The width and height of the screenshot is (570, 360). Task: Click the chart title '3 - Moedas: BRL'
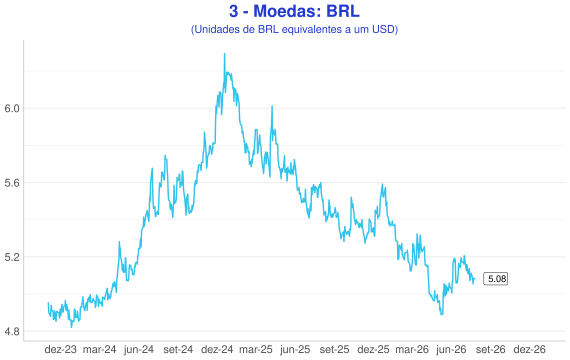click(294, 11)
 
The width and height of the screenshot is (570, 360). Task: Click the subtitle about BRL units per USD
click(294, 29)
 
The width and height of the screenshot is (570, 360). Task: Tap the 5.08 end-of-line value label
click(495, 279)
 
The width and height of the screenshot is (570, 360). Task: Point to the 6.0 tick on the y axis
click(12, 108)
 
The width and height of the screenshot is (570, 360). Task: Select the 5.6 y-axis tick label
click(12, 183)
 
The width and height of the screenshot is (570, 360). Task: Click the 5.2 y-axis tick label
click(12, 257)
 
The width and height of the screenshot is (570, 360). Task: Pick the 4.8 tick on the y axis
click(12, 332)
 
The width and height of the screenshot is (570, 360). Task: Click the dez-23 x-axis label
click(60, 349)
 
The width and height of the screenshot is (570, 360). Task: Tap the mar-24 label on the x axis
click(99, 349)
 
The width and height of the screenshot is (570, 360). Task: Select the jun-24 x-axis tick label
click(139, 350)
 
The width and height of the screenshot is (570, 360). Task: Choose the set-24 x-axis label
click(178, 349)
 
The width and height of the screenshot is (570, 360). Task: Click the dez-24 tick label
click(217, 349)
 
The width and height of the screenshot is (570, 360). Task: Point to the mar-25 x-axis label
click(256, 349)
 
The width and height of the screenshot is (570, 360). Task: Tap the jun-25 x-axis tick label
click(295, 350)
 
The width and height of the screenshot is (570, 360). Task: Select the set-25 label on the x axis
click(334, 349)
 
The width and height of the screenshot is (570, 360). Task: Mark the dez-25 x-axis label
click(373, 349)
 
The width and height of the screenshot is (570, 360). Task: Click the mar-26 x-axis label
click(412, 349)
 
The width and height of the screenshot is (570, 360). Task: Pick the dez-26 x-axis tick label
click(530, 349)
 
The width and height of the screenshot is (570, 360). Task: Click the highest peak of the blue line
click(224, 54)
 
